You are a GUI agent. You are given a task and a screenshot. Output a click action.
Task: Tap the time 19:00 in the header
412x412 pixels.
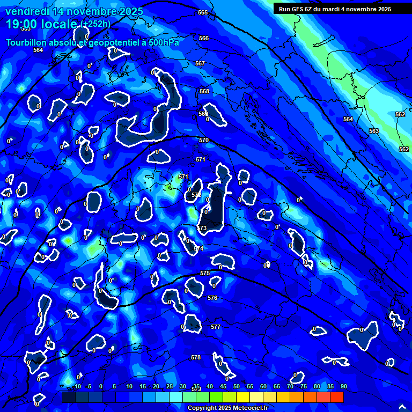[24, 24]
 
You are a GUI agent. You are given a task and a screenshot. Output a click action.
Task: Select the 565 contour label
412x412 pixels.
[203, 12]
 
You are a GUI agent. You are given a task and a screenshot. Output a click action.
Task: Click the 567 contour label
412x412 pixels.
[200, 63]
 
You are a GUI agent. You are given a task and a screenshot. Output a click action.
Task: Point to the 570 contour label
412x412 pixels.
[203, 140]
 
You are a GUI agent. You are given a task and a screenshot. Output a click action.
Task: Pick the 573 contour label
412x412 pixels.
[202, 228]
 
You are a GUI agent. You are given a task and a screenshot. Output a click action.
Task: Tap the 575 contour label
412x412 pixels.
[205, 273]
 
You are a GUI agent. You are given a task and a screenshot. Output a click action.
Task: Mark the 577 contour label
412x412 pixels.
[216, 326]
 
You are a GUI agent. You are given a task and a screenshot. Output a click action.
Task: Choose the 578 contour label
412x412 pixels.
[196, 357]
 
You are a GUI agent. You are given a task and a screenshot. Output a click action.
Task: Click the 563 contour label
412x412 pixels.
[374, 131]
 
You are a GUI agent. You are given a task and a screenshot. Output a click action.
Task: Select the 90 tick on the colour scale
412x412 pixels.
[343, 386]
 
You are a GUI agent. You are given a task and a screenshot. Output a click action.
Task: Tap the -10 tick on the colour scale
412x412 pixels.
[76, 386]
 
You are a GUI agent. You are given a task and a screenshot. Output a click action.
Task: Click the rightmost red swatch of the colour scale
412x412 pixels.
[336, 397]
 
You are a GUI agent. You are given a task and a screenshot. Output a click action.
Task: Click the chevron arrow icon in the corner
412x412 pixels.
[402, 407]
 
